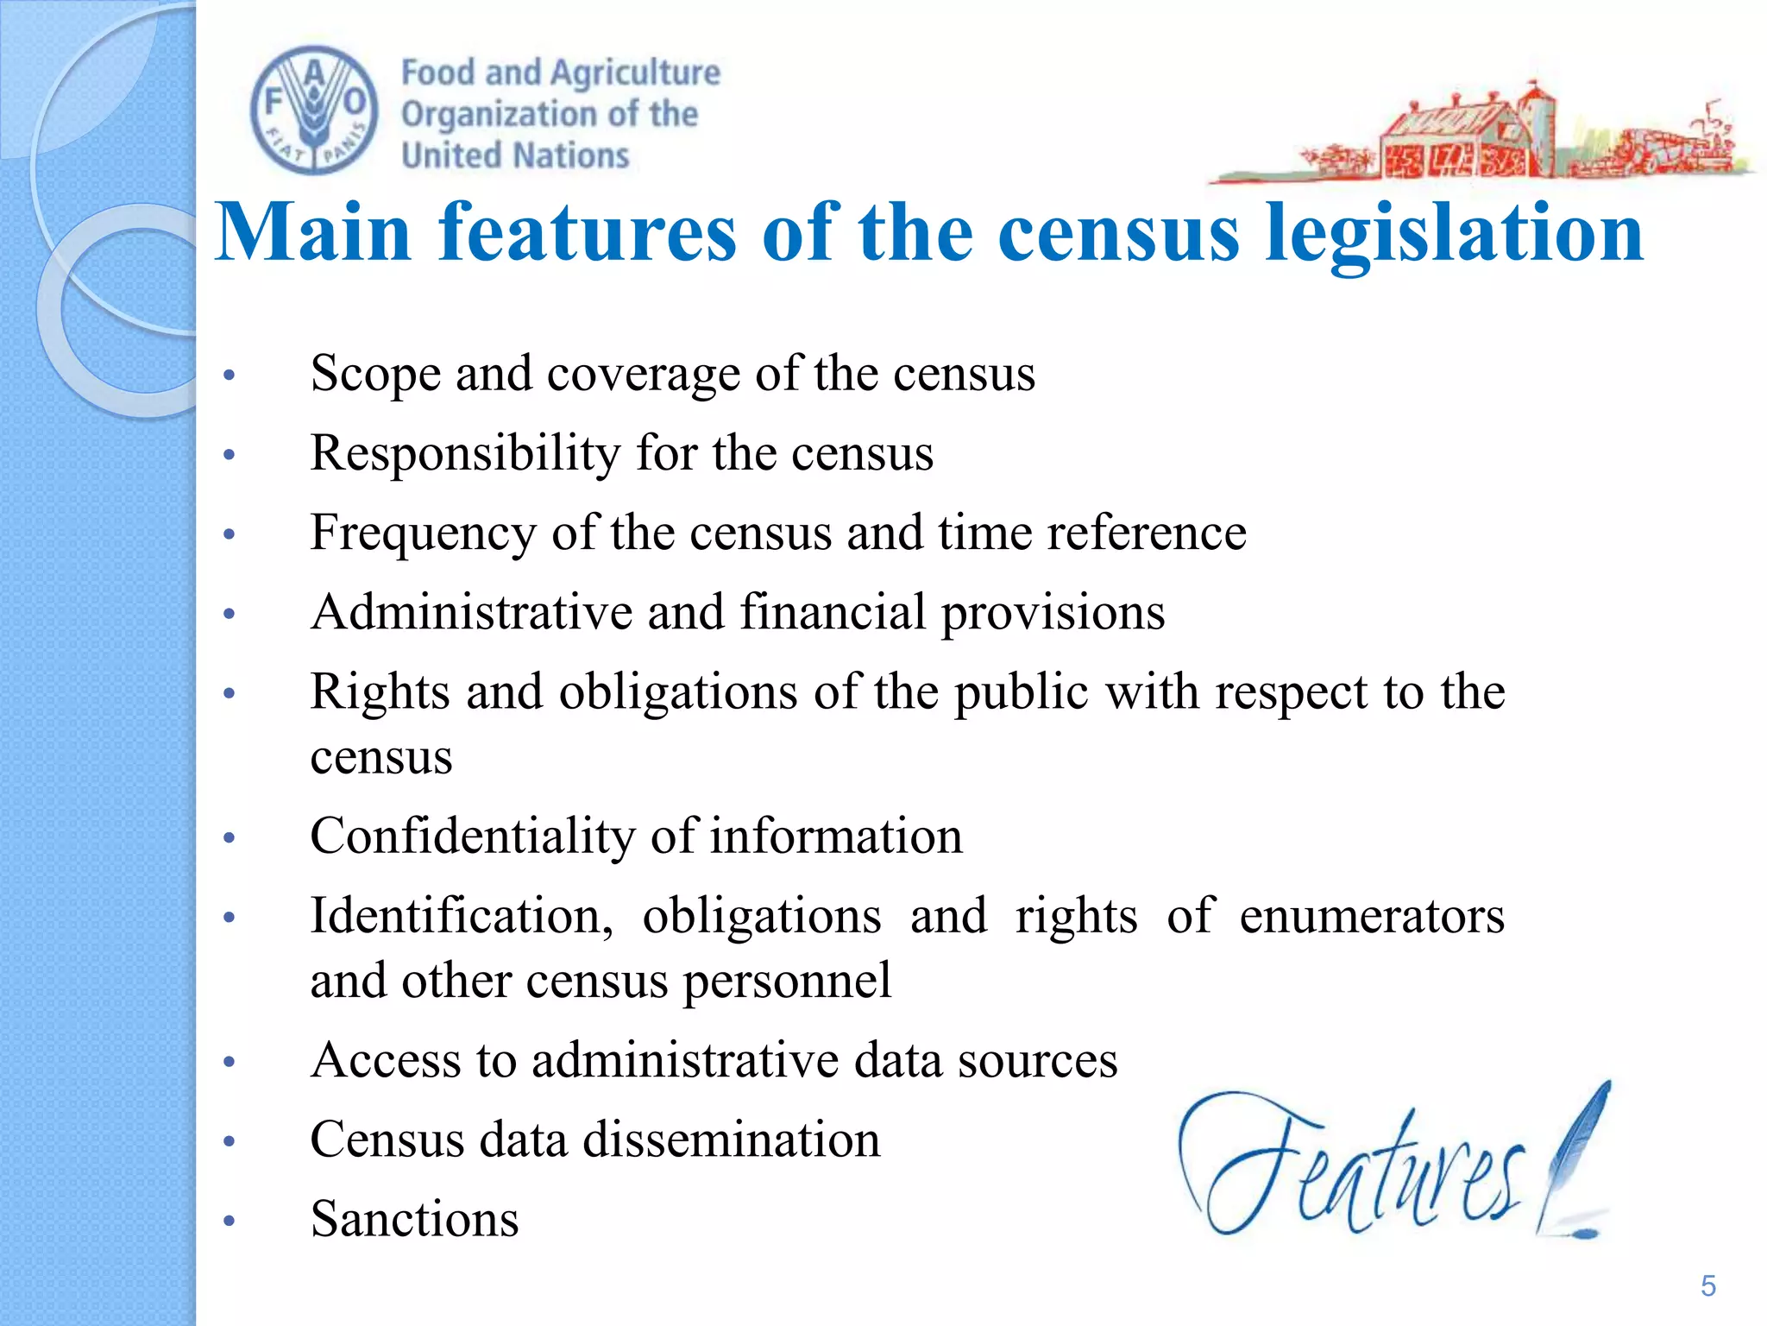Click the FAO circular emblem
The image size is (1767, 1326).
(x=314, y=110)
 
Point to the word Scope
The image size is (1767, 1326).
(x=375, y=374)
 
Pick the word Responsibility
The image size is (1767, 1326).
(x=465, y=453)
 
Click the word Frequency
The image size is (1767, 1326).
(x=423, y=533)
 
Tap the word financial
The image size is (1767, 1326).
(x=833, y=612)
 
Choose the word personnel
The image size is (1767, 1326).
(x=787, y=981)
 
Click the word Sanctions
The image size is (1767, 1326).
(x=414, y=1219)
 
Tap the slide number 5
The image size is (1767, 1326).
(x=1707, y=1286)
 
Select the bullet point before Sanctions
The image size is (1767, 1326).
(x=229, y=1221)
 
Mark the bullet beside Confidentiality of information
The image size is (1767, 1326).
(x=229, y=837)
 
